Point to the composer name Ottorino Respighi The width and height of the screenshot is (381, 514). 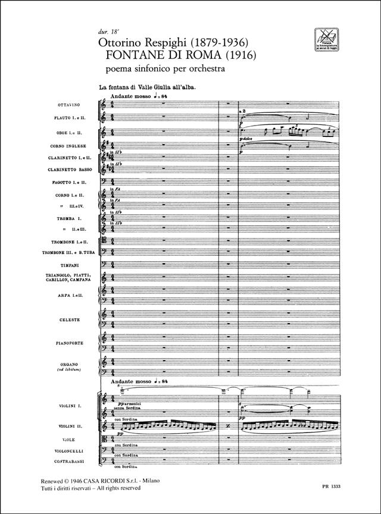pyautogui.click(x=142, y=41)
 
